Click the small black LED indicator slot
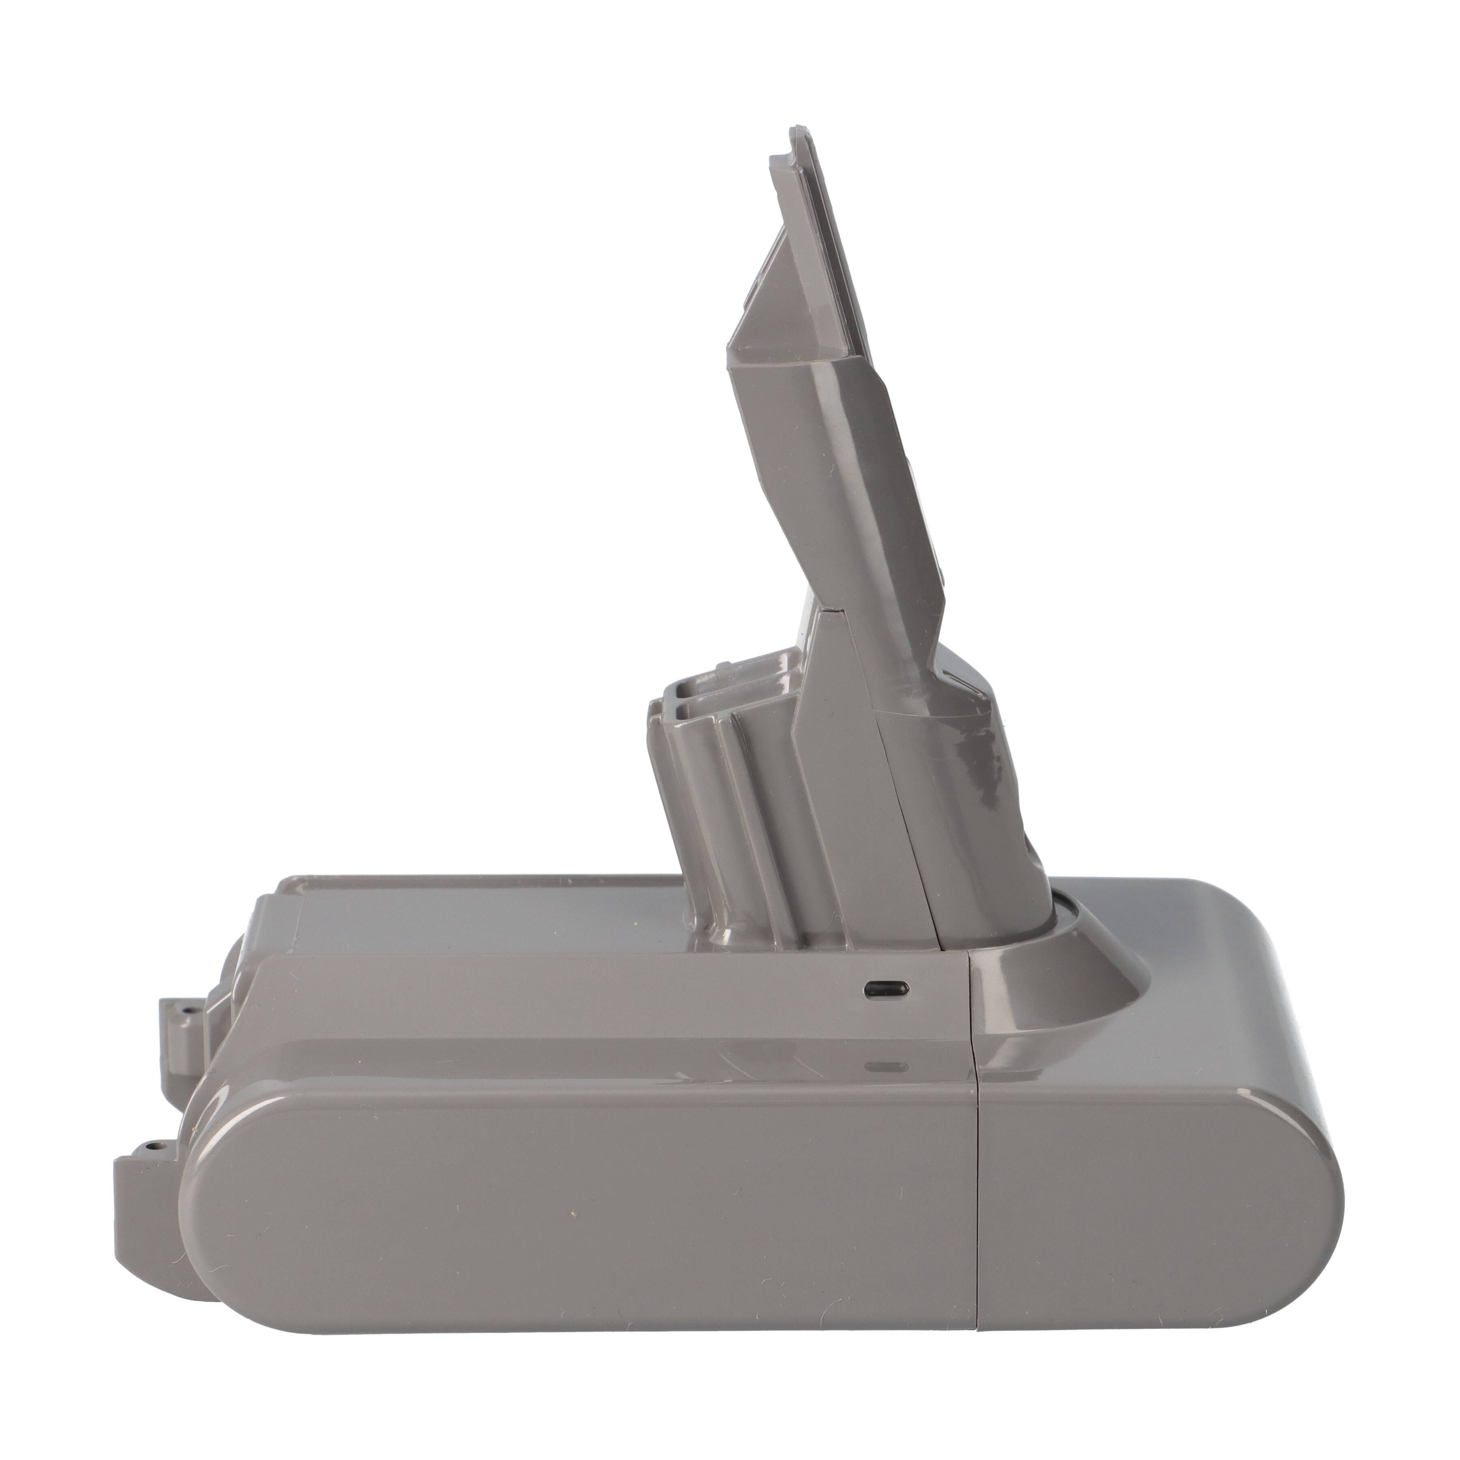pos(886,988)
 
